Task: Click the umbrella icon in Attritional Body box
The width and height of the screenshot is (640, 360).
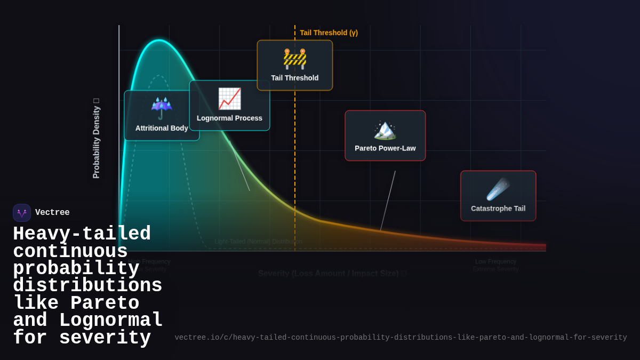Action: [161, 108]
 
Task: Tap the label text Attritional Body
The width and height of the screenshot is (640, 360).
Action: [162, 128]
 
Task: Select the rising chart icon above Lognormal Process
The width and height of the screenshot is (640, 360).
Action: [229, 99]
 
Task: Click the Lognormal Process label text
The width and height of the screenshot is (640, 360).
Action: [229, 118]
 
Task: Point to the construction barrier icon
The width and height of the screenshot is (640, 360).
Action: [295, 59]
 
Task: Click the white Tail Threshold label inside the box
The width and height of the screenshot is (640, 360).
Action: [295, 78]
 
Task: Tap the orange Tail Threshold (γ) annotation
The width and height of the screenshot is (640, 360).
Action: [329, 33]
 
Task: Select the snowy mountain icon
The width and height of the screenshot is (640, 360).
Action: [385, 130]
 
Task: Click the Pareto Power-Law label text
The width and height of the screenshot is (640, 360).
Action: [385, 148]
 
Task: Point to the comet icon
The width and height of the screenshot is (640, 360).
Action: [498, 189]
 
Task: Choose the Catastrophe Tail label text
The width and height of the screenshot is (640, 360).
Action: [498, 209]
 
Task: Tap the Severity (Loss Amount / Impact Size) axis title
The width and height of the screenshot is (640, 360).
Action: [329, 274]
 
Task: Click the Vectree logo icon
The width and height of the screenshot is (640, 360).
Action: [22, 213]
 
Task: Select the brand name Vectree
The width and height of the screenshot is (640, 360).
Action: [52, 213]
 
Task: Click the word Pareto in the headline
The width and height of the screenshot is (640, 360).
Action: [105, 303]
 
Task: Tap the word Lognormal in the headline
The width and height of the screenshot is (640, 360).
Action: [111, 321]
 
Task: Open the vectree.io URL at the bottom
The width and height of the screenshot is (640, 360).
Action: [401, 338]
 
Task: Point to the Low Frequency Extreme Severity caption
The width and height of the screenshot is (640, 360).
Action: [495, 265]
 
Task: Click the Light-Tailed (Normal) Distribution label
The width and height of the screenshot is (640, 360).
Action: [258, 242]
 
